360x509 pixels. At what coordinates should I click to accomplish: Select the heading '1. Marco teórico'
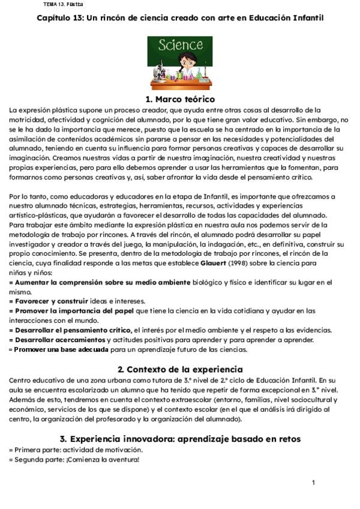180,99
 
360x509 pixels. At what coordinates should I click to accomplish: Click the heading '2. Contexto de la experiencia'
180,369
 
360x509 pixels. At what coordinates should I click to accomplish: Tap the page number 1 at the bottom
314,483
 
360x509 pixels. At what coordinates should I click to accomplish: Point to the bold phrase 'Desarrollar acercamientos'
57,339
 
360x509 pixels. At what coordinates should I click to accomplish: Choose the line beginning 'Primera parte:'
76,450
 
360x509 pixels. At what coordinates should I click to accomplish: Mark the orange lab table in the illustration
179,85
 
